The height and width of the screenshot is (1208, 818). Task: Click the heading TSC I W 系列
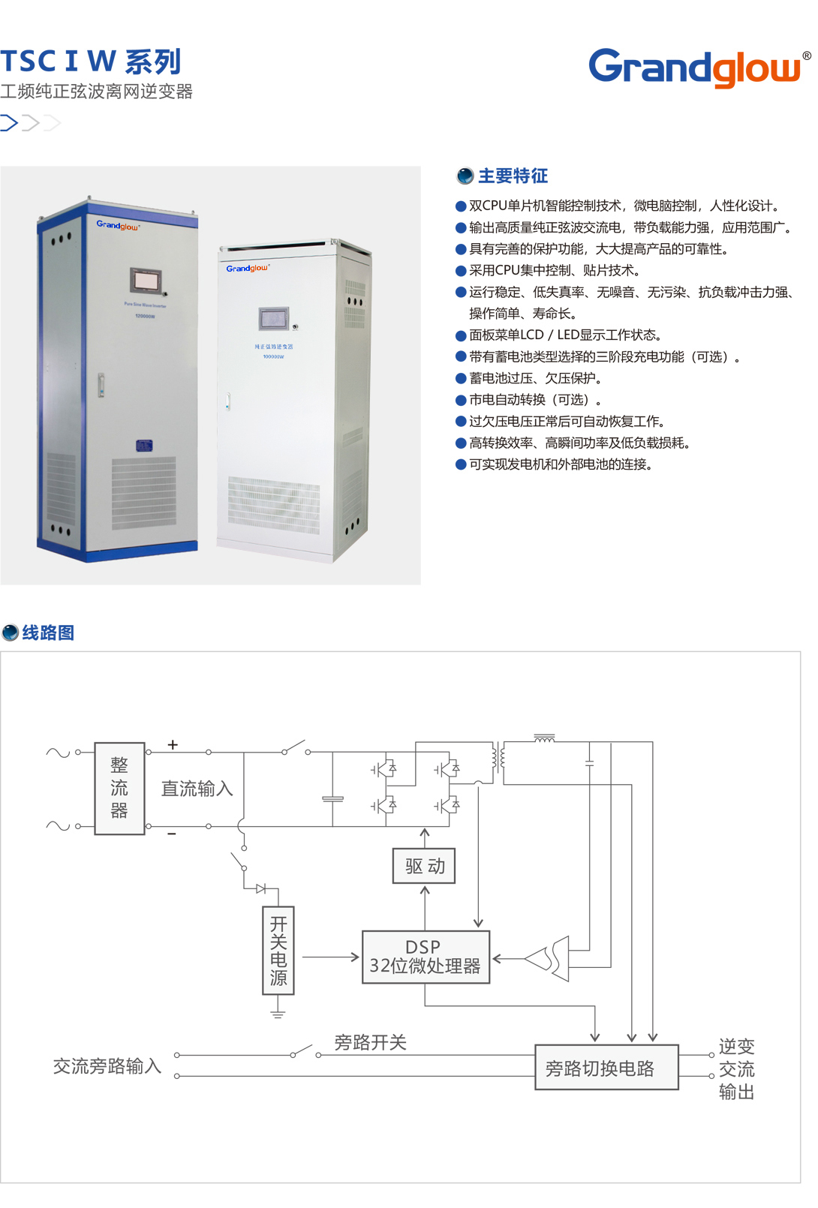tap(91, 62)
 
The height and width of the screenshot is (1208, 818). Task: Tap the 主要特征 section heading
tap(513, 176)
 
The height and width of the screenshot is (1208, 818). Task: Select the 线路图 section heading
tap(47, 633)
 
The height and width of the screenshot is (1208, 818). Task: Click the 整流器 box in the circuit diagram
tap(119, 789)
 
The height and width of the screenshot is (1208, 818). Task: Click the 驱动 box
tap(424, 866)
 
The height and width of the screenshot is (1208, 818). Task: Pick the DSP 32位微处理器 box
tap(426, 957)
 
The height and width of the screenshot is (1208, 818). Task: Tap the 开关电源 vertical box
tap(278, 950)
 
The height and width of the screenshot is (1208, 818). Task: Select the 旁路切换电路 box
tap(606, 1067)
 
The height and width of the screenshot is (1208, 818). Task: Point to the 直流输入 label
tap(197, 789)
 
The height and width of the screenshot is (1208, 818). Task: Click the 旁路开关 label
tap(370, 1042)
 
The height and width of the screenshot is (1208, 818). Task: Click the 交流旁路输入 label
tap(107, 1066)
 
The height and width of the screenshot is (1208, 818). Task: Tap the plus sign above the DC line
tap(173, 745)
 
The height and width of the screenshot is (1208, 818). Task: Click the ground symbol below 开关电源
tap(278, 1014)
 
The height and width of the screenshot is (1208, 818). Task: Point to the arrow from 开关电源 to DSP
tap(330, 957)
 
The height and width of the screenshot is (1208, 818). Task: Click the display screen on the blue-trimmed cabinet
tap(146, 280)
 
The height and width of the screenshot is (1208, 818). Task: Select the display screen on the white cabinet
tap(273, 318)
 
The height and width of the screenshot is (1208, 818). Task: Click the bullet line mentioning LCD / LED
tap(564, 335)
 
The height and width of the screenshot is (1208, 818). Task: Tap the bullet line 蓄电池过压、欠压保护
tap(535, 378)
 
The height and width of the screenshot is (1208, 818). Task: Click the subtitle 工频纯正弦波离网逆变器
tap(97, 92)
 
